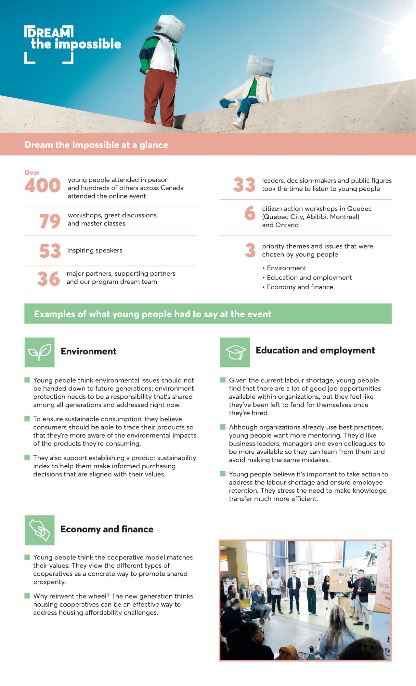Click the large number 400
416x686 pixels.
click(43, 185)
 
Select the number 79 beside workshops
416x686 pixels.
click(50, 221)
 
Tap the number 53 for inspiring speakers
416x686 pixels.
click(50, 251)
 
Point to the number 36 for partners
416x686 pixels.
click(49, 279)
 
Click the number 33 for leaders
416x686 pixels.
click(244, 185)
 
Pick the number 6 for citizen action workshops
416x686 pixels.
click(250, 213)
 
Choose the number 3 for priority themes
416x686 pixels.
click(250, 250)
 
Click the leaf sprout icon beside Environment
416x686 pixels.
click(40, 352)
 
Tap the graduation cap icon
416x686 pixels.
click(235, 352)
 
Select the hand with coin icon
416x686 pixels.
click(40, 530)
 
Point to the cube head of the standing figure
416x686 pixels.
click(169, 28)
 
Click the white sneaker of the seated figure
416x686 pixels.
click(238, 123)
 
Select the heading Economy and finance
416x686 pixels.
click(107, 529)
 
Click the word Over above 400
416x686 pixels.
click(32, 172)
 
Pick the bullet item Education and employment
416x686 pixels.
click(309, 278)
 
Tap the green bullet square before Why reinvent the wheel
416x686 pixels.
click(27, 596)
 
